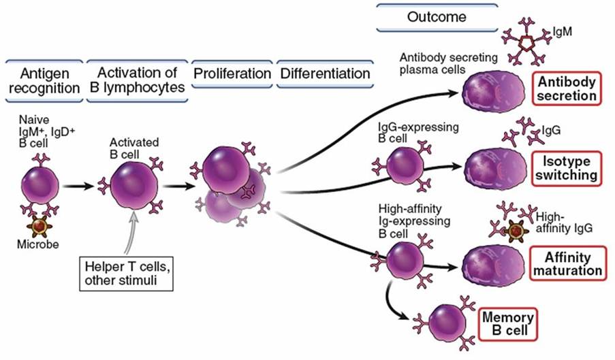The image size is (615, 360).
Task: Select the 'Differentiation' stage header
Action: [x=324, y=73]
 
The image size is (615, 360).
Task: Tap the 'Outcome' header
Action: [x=427, y=16]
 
